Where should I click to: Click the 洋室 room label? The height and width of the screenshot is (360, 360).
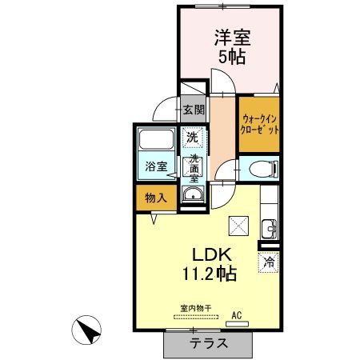pyautogui.click(x=229, y=37)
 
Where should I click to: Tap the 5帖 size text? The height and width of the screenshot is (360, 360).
pyautogui.click(x=229, y=57)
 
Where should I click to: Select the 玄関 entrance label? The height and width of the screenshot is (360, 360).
pyautogui.click(x=193, y=110)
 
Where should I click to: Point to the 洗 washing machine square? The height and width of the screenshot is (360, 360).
pyautogui.click(x=192, y=137)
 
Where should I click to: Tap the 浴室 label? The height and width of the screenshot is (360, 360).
pyautogui.click(x=156, y=166)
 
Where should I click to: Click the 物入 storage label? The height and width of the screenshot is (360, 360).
pyautogui.click(x=155, y=198)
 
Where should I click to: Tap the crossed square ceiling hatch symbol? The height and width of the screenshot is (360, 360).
pyautogui.click(x=238, y=226)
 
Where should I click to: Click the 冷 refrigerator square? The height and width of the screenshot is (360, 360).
pyautogui.click(x=270, y=261)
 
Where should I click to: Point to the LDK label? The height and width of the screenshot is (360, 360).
pyautogui.click(x=212, y=254)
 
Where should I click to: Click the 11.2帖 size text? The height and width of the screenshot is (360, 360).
pyautogui.click(x=212, y=274)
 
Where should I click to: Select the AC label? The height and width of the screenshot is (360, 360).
pyautogui.click(x=237, y=316)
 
